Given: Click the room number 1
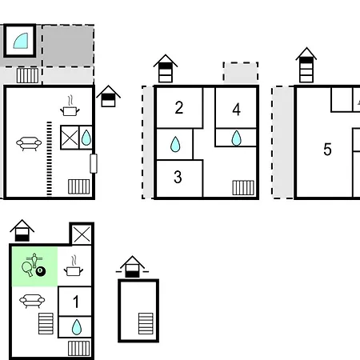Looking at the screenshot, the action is tap(76, 302).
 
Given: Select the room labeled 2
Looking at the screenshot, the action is tap(179, 108).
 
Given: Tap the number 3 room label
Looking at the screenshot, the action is tap(178, 177).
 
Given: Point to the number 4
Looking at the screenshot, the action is tap(237, 110).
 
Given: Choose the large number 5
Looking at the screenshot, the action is tap(327, 150).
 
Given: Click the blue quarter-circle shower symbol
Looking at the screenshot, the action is tap(21, 41).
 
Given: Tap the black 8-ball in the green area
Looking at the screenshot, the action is tap(41, 272).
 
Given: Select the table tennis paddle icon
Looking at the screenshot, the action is tap(27, 269).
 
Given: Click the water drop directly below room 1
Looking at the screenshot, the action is tap(77, 327).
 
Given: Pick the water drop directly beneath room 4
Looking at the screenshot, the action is tap(236, 138).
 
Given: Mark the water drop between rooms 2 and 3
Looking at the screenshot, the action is tap(175, 144).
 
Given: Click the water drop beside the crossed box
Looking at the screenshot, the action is tap(86, 138).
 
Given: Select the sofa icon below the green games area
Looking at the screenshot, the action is tap(32, 301).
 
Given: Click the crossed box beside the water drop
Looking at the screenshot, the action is tap(70, 138).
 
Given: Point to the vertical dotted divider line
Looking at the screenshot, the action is tap(50, 158).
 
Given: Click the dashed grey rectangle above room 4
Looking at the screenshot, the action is tap(241, 72).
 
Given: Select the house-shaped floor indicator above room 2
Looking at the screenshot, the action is tap(166, 69).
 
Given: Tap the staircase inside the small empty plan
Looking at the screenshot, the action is tap(146, 323).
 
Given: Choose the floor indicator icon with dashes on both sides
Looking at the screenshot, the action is tap(132, 266).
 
